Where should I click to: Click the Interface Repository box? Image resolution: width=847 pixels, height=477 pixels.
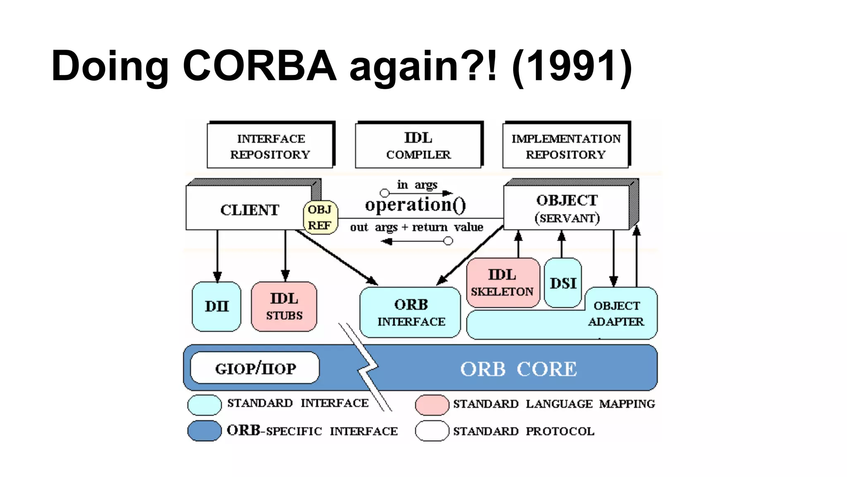270,146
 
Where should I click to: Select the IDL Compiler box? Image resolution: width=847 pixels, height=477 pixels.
418,146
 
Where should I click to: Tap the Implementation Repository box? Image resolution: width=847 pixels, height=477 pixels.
566,146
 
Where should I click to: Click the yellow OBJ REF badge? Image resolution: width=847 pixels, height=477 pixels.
320,217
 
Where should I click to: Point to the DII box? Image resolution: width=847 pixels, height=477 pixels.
216,306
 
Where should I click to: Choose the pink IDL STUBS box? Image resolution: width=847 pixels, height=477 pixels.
284,306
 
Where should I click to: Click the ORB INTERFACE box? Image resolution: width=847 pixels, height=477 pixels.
410,313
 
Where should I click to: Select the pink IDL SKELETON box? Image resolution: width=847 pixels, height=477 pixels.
502,283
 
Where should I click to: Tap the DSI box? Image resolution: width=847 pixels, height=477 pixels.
563,283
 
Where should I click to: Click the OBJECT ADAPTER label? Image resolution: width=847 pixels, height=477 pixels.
616,313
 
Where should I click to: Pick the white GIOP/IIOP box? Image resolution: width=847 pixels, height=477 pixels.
255,368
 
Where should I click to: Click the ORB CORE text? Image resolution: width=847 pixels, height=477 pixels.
518,369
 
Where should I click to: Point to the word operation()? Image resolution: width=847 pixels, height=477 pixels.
415,205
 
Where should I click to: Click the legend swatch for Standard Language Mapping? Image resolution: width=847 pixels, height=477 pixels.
432,405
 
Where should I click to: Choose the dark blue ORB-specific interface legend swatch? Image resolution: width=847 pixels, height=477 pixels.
204,431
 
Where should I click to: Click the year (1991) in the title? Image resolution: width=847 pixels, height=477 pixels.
572,66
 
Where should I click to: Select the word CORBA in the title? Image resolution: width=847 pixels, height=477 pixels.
259,66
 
